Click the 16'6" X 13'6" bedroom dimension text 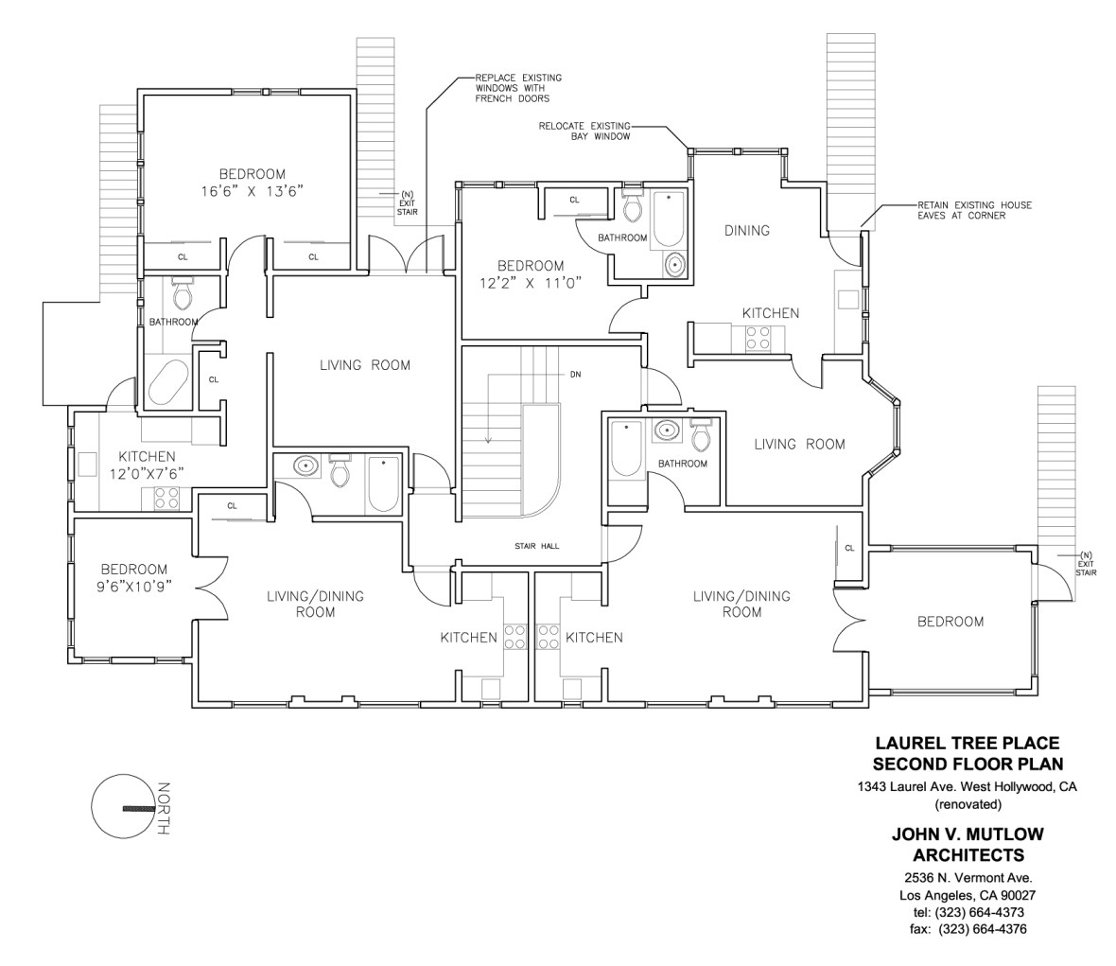tap(252, 191)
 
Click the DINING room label tap(746, 230)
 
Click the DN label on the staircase tap(575, 375)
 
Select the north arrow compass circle tap(122, 808)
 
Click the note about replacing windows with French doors tap(512, 87)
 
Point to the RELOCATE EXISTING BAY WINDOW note tap(584, 131)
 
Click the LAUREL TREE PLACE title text tap(967, 744)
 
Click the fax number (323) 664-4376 tap(967, 929)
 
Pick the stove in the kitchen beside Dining tap(758, 338)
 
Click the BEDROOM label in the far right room tap(950, 622)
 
